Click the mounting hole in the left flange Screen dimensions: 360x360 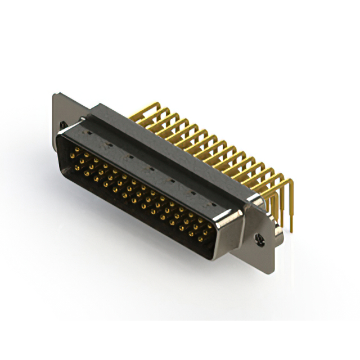[63, 125]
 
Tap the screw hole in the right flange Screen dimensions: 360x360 [259, 238]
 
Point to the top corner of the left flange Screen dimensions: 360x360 [55, 94]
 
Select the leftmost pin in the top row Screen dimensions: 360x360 [73, 150]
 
